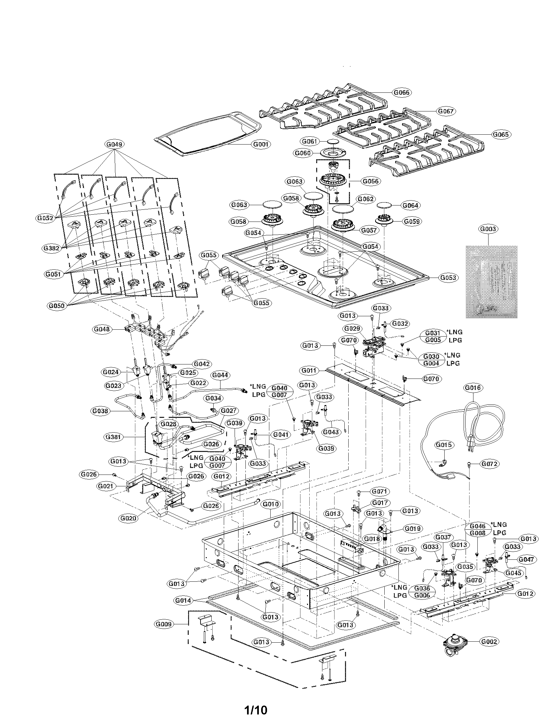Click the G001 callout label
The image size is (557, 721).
[x=261, y=144]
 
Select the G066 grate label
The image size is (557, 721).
[x=402, y=92]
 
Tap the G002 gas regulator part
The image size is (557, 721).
[x=456, y=641]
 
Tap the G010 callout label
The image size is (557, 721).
[x=271, y=504]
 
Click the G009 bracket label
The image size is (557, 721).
[x=164, y=624]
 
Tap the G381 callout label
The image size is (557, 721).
[x=113, y=437]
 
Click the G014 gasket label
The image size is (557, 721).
[x=183, y=600]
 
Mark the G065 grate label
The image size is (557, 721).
[x=501, y=134]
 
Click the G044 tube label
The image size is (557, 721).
[x=220, y=375]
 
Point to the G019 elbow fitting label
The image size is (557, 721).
[x=412, y=529]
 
